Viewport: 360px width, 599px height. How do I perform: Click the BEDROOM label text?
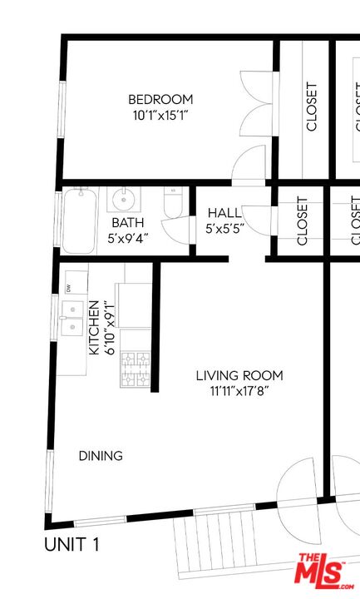[x=161, y=99]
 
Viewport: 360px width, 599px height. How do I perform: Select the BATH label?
[x=127, y=223]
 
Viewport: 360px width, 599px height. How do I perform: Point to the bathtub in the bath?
[x=79, y=220]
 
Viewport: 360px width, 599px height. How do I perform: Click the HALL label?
[x=224, y=213]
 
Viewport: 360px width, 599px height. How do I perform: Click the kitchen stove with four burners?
[x=135, y=369]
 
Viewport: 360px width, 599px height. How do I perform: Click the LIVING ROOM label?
[x=239, y=375]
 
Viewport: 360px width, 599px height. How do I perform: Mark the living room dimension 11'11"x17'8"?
[x=239, y=390]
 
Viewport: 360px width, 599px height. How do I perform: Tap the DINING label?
[x=101, y=456]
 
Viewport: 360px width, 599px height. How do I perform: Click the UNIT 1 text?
[x=72, y=546]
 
